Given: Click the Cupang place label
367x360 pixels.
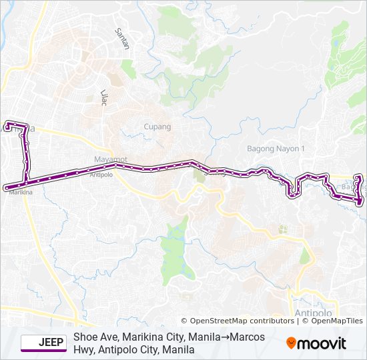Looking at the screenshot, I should pos(157,127).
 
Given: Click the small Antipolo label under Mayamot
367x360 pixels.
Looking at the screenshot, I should pos(101,175).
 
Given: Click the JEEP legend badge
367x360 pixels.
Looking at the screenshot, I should pos(43,343).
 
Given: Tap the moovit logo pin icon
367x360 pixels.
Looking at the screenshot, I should pos(292,343).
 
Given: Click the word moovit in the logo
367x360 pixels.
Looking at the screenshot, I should pos(322,343).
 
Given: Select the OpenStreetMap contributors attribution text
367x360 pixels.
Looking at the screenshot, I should pos(242,321).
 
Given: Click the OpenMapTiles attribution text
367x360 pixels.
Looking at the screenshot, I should pos(336,321).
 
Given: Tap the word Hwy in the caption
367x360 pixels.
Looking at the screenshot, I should pos(83,349).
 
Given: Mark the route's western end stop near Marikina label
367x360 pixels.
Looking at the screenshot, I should pos(6,187).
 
